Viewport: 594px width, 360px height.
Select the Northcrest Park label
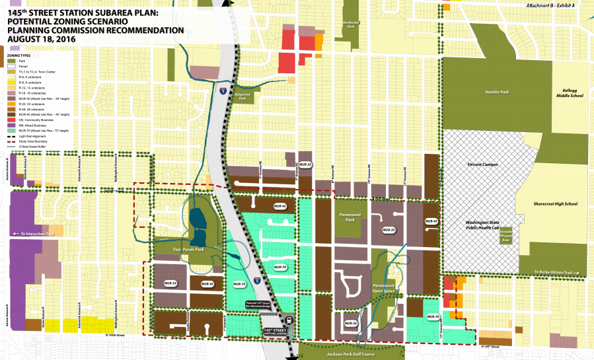pyautogui.click(x=350, y=24)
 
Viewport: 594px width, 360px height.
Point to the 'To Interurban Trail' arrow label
pyautogui.click(x=34, y=233)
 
